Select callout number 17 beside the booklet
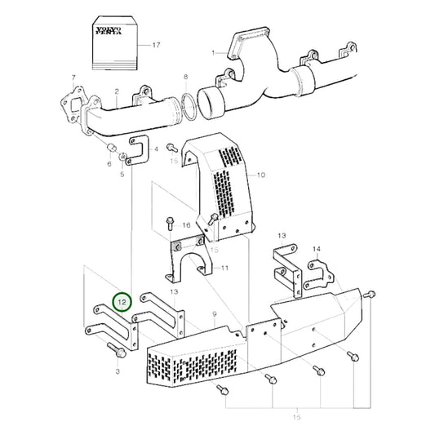click(x=156, y=45)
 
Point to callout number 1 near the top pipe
click(x=214, y=54)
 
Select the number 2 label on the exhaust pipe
click(x=118, y=92)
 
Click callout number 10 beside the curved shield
click(x=261, y=175)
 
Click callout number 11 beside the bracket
click(x=225, y=268)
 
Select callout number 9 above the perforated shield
click(x=213, y=314)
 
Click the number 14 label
click(x=316, y=248)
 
